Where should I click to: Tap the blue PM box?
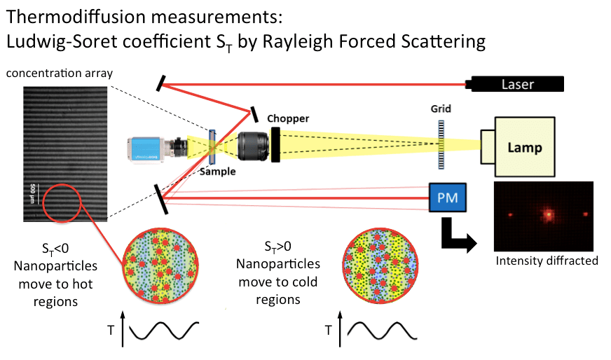pyautogui.click(x=447, y=198)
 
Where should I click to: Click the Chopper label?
pyautogui.click(x=287, y=118)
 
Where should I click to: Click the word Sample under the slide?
pyautogui.click(x=217, y=172)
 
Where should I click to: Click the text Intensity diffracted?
pyautogui.click(x=547, y=261)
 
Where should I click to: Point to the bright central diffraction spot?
pyautogui.click(x=549, y=214)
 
